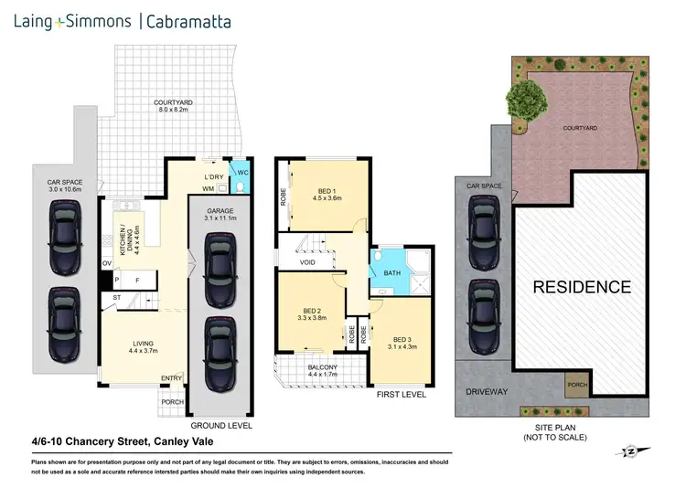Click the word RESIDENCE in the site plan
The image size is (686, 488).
pyautogui.click(x=582, y=286)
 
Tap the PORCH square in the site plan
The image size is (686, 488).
pyautogui.click(x=577, y=384)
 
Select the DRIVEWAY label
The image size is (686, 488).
pyautogui.click(x=484, y=391)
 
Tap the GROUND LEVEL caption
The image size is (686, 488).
pyautogui.click(x=220, y=426)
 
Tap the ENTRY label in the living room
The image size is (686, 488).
pyautogui.click(x=172, y=378)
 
